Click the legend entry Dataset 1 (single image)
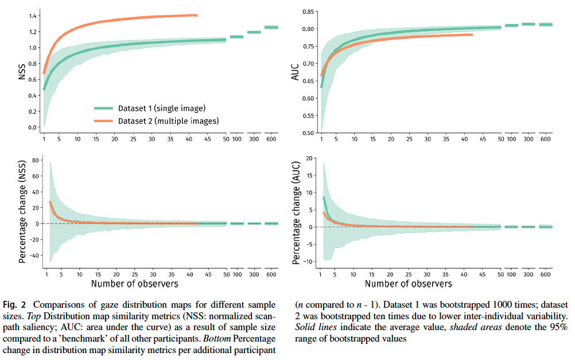pos(162,108)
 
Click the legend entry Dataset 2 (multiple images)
pos(168,121)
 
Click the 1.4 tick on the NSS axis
pos(33,16)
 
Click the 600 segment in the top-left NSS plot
pos(271,27)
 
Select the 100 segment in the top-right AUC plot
pos(511,25)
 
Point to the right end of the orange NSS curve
pos(197,16)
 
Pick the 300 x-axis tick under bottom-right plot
pos(528,274)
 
